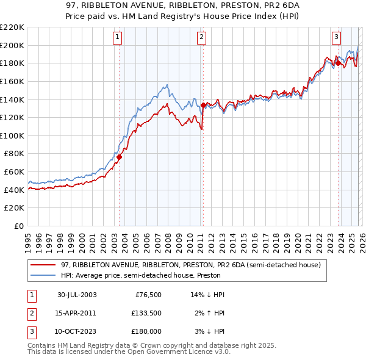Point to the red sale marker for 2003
[x=120, y=157]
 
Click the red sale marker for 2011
[x=203, y=105]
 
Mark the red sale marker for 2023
[x=338, y=63]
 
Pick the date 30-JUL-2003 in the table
[x=77, y=295]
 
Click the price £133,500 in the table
[x=146, y=313]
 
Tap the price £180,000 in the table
[x=146, y=331]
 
